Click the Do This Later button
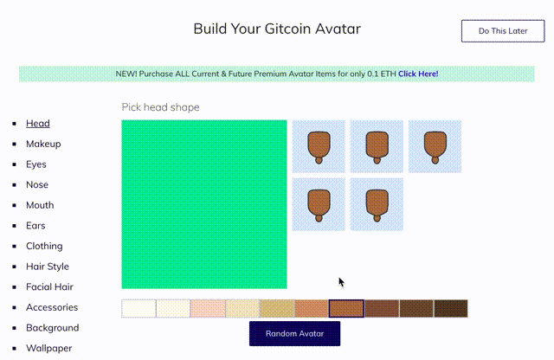pyautogui.click(x=503, y=31)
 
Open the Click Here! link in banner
pyautogui.click(x=418, y=74)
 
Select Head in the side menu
pyautogui.click(x=37, y=124)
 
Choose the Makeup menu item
pyautogui.click(x=43, y=144)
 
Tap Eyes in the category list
pyautogui.click(x=36, y=164)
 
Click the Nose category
pyautogui.click(x=37, y=184)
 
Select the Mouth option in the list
pyautogui.click(x=40, y=205)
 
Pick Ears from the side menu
pyautogui.click(x=36, y=226)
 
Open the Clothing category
pyautogui.click(x=44, y=246)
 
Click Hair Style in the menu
pyautogui.click(x=48, y=267)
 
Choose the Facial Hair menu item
pyautogui.click(x=49, y=286)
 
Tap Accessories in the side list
pyautogui.click(x=52, y=307)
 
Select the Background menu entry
pyautogui.click(x=52, y=328)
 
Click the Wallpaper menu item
pyautogui.click(x=48, y=348)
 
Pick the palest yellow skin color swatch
pyautogui.click(x=138, y=308)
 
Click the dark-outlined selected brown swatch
pyautogui.click(x=346, y=308)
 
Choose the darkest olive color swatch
pyautogui.click(x=450, y=308)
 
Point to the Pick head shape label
pyautogui.click(x=160, y=107)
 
